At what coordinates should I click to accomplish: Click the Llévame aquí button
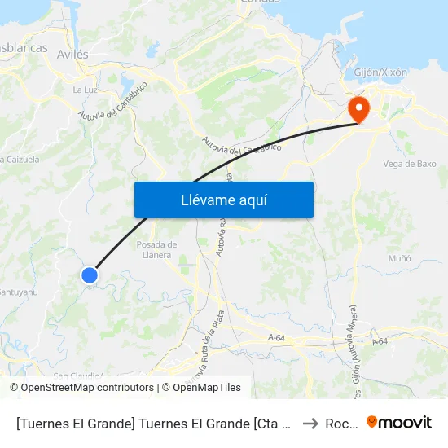(x=223, y=200)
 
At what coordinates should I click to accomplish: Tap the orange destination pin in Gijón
(x=358, y=109)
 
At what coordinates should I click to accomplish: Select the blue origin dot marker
(x=90, y=275)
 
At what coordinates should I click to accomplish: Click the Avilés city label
(x=73, y=54)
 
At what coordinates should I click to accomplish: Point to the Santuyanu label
(x=18, y=291)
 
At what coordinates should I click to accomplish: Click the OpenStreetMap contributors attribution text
(x=87, y=388)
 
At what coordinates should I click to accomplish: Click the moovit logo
(x=399, y=423)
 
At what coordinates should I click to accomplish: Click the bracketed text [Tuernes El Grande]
(x=70, y=424)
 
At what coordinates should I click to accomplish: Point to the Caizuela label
(x=20, y=160)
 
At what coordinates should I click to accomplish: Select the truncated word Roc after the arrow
(x=337, y=424)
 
